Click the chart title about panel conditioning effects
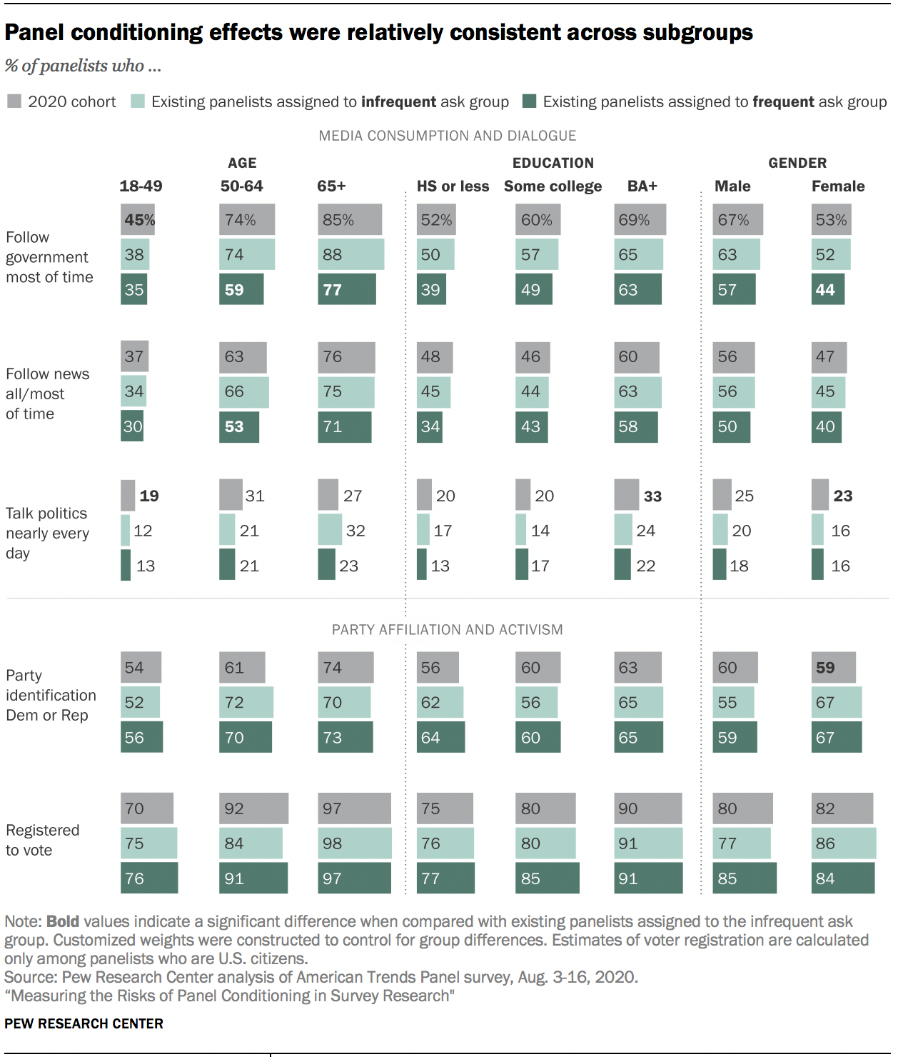point(378,33)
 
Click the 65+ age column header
point(331,186)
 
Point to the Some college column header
point(553,186)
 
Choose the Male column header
point(732,186)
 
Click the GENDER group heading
point(797,163)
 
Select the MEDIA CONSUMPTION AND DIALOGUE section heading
point(447,136)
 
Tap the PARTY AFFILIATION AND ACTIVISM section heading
point(447,630)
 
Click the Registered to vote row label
point(42,840)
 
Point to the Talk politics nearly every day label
point(47,533)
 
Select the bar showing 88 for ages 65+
point(350,255)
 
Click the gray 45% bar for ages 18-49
point(138,220)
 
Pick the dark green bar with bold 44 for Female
point(827,290)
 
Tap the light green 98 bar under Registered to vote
point(354,843)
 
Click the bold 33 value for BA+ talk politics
point(652,496)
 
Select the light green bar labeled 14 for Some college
point(520,530)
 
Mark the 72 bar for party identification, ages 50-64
point(246,703)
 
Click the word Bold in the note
point(63,921)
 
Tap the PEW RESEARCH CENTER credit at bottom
point(84,1023)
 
